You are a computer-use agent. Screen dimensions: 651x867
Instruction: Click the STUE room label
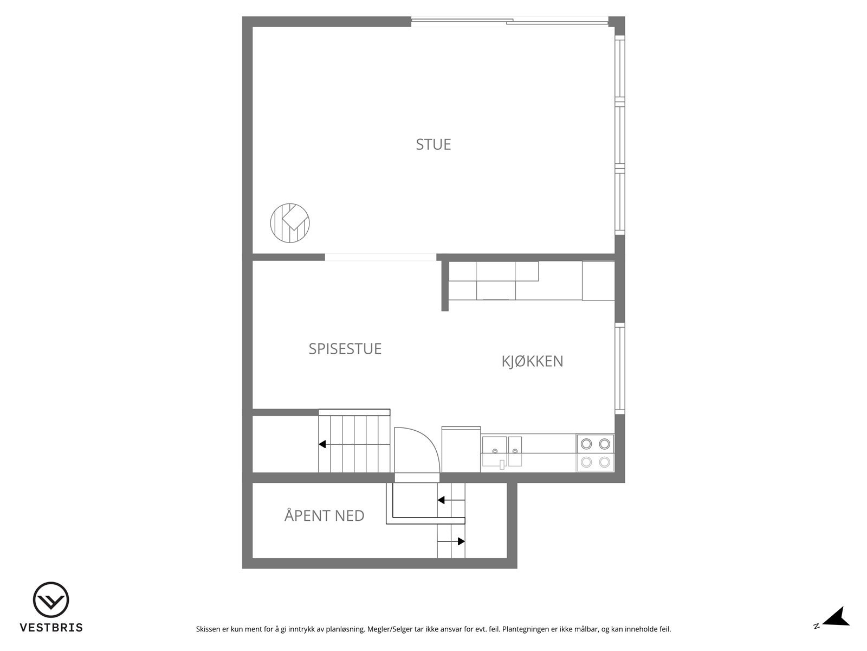point(433,144)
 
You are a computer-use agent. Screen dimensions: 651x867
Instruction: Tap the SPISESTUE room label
point(345,348)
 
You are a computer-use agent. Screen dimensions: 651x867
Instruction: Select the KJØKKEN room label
point(532,361)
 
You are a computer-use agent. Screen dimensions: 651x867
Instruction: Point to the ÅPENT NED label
point(324,515)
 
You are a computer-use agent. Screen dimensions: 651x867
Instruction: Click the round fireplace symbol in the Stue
point(290,222)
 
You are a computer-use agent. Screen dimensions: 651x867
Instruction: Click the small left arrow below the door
point(442,500)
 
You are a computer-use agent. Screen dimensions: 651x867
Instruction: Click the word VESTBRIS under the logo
point(51,628)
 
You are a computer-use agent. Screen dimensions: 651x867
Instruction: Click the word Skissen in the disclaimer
point(208,629)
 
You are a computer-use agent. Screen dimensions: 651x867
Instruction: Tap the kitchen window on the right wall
point(619,369)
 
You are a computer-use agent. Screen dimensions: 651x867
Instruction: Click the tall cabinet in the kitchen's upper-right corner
point(598,280)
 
